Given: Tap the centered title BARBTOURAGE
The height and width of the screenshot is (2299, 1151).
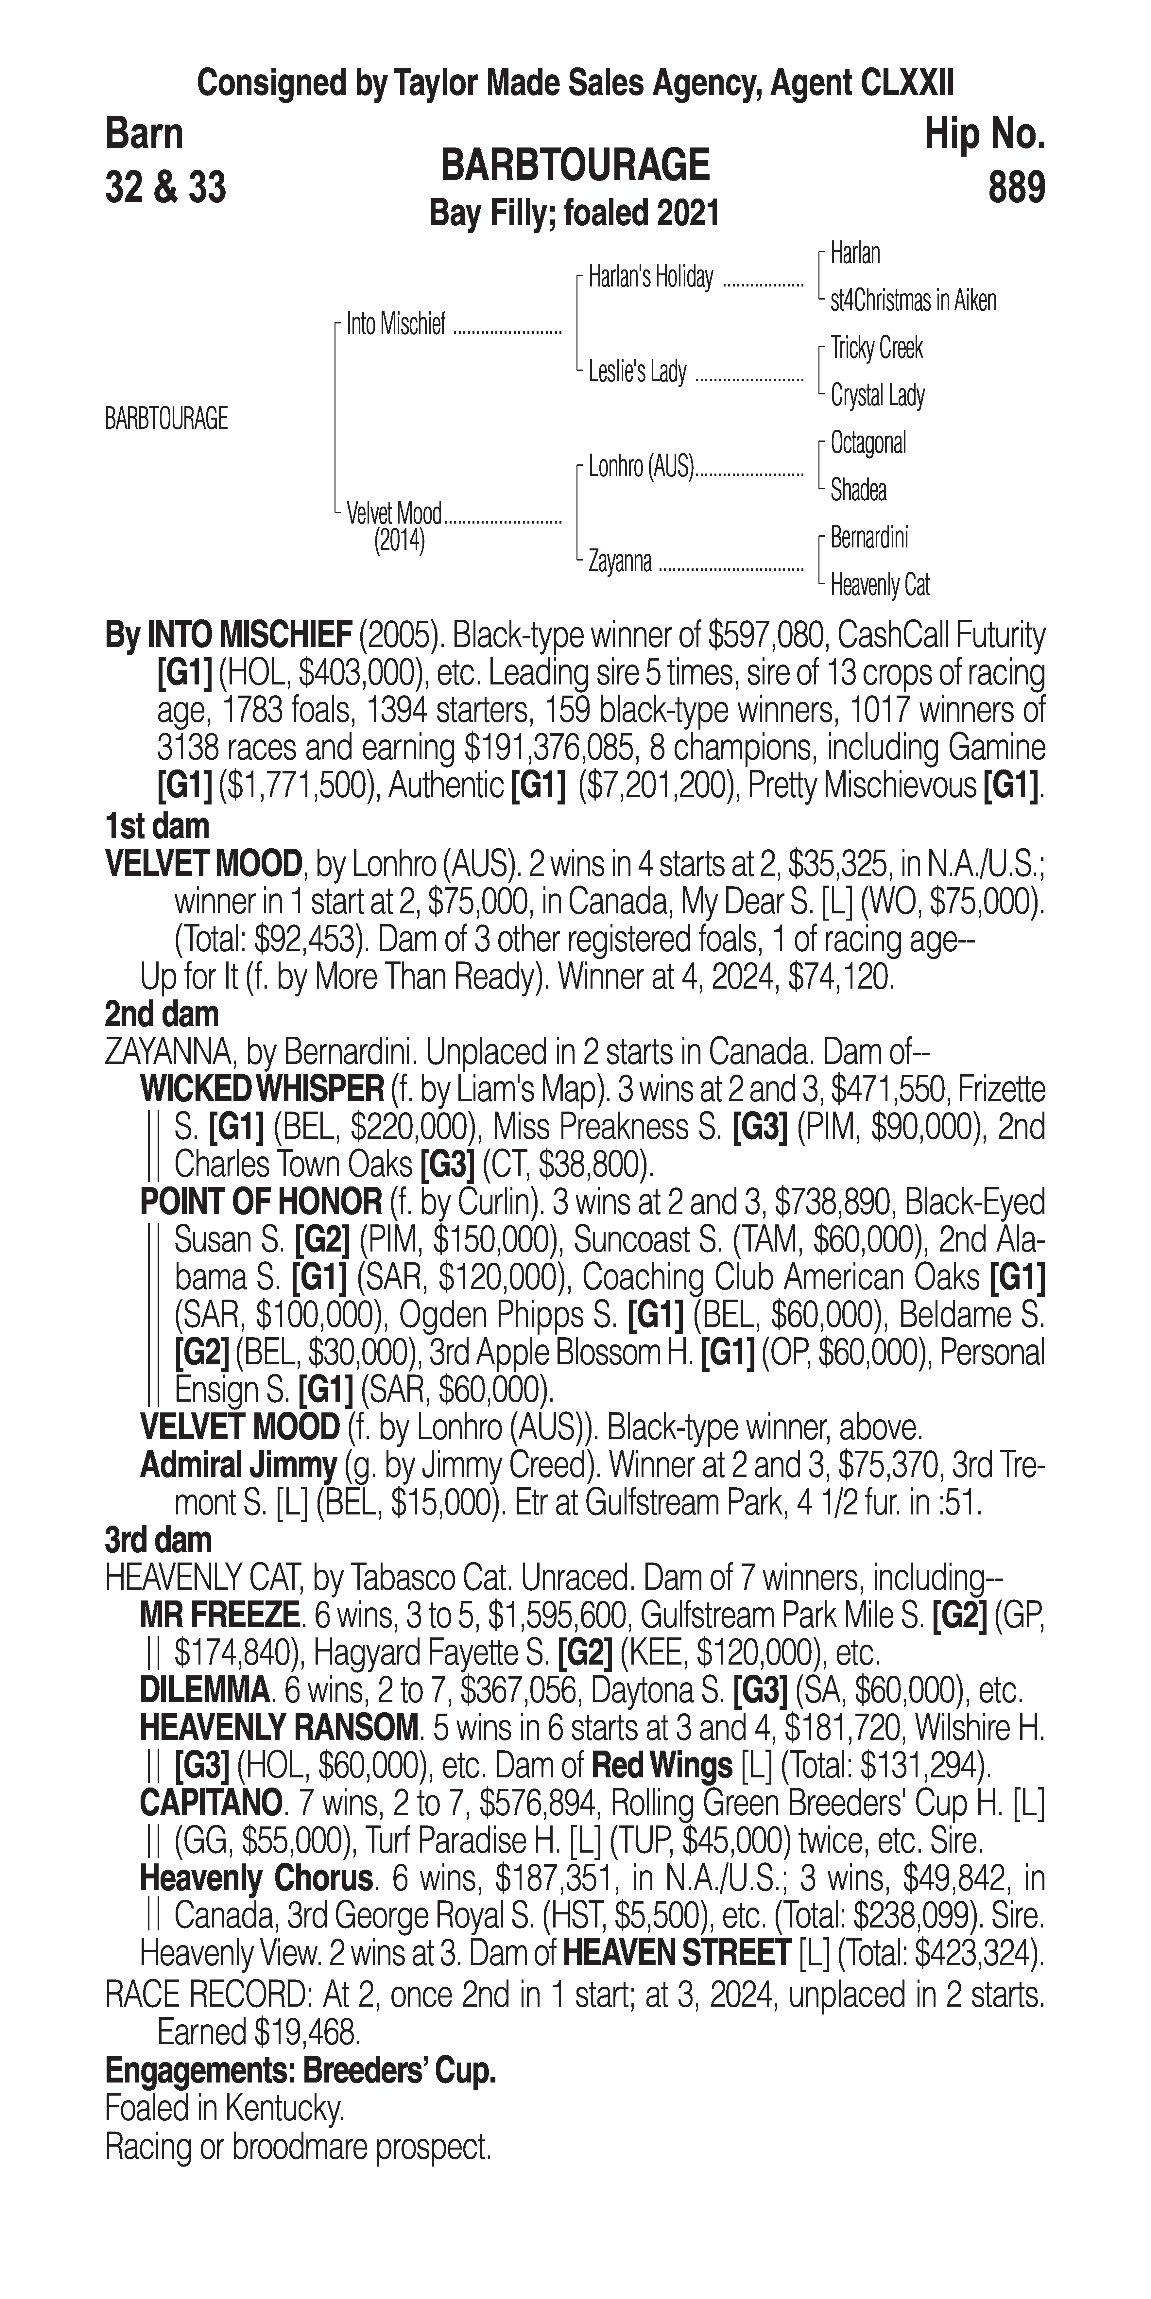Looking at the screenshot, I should (x=575, y=165).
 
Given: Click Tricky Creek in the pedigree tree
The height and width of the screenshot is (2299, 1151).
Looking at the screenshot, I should (x=876, y=348).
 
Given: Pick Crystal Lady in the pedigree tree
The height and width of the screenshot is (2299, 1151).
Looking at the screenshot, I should (x=877, y=395).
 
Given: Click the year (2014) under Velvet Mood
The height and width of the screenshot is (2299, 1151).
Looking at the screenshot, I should (x=399, y=541).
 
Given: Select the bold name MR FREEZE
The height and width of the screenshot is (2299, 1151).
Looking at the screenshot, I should (x=219, y=1616).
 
